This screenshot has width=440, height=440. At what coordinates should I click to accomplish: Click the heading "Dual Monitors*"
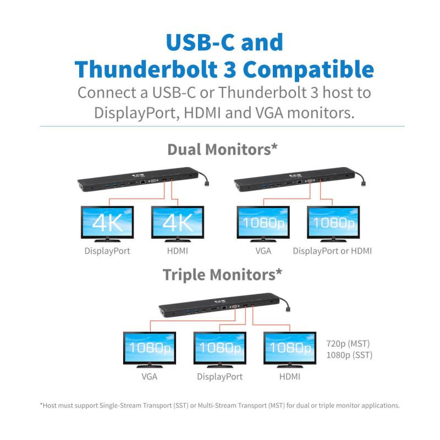222,149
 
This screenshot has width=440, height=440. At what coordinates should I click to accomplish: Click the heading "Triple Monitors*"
222,274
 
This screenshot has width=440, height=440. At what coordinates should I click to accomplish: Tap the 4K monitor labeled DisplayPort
107,224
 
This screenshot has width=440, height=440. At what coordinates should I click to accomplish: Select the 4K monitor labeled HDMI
177,224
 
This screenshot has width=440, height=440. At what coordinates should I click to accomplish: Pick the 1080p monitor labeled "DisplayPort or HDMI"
333,224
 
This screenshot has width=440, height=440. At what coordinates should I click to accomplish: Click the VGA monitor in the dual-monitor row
263,224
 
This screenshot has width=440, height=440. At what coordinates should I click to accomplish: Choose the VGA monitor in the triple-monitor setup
150,350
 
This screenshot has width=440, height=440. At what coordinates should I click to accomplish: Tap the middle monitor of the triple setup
219,350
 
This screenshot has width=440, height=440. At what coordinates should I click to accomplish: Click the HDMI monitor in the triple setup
290,350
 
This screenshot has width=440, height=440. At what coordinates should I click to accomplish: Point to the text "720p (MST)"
348,343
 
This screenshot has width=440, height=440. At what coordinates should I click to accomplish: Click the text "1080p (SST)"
349,355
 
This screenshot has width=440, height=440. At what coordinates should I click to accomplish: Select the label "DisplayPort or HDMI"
332,251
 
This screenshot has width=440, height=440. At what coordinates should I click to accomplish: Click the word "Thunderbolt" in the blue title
146,69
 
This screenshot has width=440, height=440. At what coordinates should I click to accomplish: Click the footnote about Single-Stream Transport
219,405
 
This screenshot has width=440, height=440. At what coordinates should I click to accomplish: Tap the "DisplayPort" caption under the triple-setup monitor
219,377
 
